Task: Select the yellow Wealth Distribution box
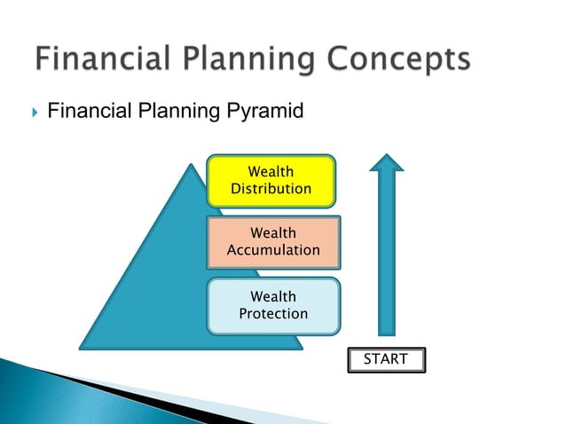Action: tap(271, 180)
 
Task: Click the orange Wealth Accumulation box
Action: tap(273, 241)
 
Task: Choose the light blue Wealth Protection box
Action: tap(273, 305)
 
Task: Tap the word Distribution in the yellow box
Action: tap(271, 189)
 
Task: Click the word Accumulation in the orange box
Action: tap(273, 250)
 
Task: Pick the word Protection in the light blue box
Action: tap(273, 314)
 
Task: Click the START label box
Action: tap(386, 359)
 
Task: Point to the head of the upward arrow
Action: tap(387, 161)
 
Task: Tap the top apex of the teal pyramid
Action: tap(190, 166)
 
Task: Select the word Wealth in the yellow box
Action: tap(271, 171)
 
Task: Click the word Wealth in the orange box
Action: tap(273, 233)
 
